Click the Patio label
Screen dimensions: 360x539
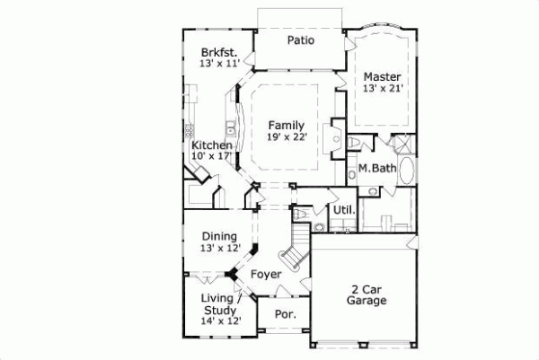pyautogui.click(x=299, y=40)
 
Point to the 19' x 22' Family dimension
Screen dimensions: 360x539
pyautogui.click(x=287, y=136)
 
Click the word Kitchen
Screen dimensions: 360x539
pyautogui.click(x=212, y=145)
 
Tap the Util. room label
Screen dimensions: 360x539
pyautogui.click(x=344, y=211)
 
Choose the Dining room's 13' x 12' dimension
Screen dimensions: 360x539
pyautogui.click(x=219, y=248)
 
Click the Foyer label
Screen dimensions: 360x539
pyautogui.click(x=266, y=274)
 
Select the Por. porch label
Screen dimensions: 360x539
pyautogui.click(x=285, y=315)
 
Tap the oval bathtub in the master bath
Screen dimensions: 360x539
pyautogui.click(x=405, y=171)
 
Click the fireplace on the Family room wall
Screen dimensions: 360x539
pyautogui.click(x=338, y=130)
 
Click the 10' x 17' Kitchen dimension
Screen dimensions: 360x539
pyautogui.click(x=212, y=157)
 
